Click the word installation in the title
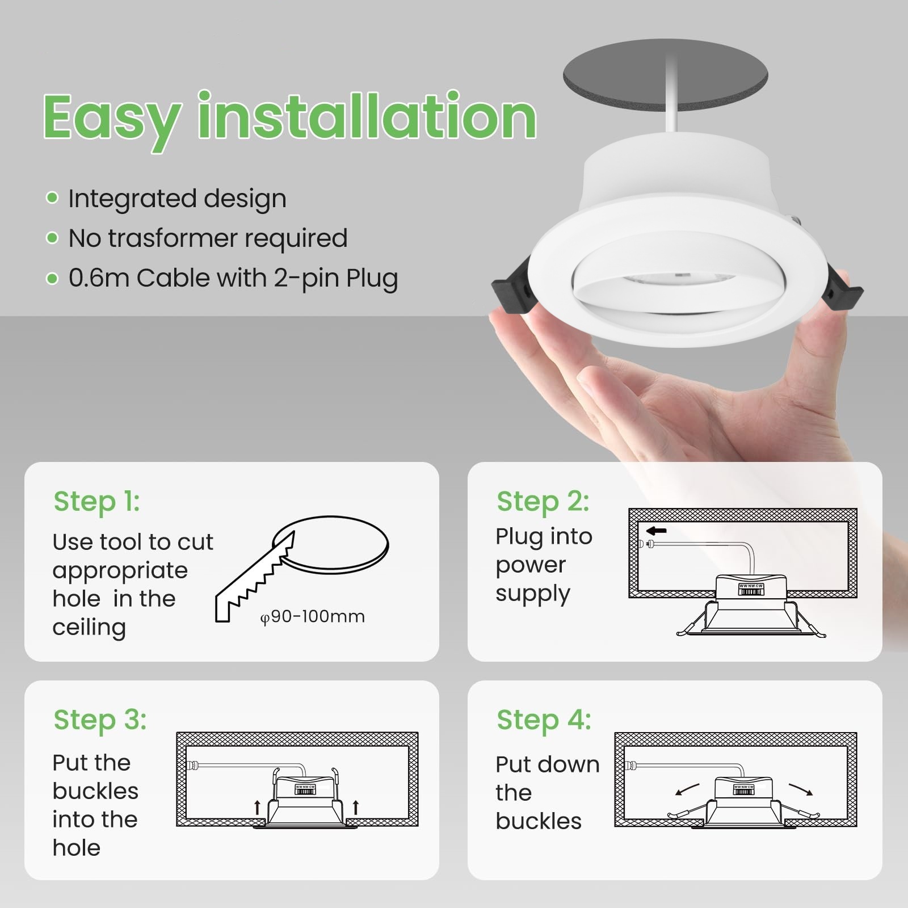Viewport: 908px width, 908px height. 367,115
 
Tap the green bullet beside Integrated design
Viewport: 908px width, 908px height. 52,197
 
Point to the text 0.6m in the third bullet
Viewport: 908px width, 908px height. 99,278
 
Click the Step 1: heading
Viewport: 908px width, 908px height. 96,501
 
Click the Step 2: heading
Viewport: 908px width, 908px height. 543,501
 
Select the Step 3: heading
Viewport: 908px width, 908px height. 100,720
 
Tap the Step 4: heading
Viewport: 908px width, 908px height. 544,720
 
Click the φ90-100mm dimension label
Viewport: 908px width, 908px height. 312,616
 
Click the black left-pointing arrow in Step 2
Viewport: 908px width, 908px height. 657,531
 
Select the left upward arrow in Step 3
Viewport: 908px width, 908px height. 257,806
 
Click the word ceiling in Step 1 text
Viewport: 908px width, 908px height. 89,628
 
